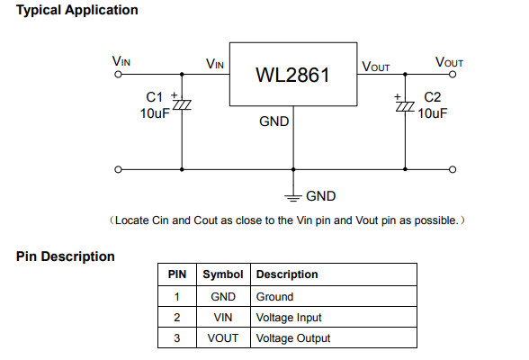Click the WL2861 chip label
[292, 75]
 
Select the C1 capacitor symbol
[182, 104]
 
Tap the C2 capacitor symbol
[405, 106]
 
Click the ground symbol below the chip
[293, 198]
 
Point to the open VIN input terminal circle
[118, 74]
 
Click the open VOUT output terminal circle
[453, 74]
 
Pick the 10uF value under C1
[155, 113]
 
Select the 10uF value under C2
[433, 113]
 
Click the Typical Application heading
[77, 10]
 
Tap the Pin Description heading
[66, 256]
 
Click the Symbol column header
[223, 274]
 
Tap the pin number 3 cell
[176, 338]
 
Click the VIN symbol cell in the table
[223, 318]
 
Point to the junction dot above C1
[182, 74]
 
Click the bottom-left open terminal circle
[118, 169]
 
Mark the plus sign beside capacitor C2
[398, 97]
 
